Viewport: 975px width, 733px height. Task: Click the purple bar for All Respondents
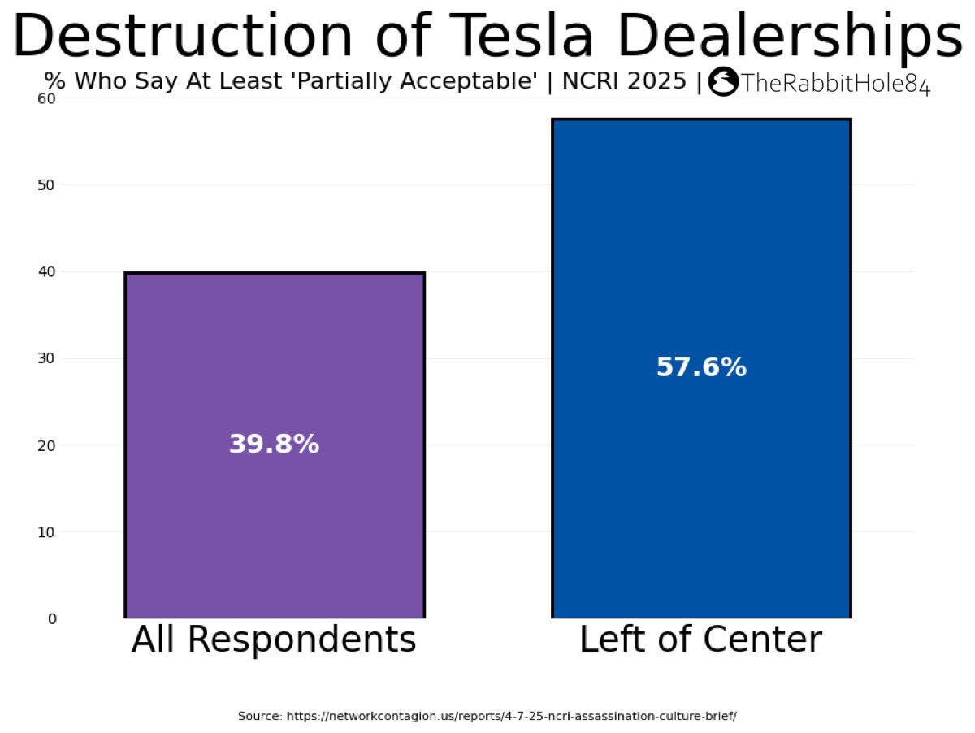click(x=275, y=445)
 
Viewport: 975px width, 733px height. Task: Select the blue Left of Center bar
click(x=701, y=368)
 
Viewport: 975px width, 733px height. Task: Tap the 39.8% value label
click(x=274, y=444)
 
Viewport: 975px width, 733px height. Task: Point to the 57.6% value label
click(x=701, y=367)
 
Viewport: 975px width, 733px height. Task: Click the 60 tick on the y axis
click(x=46, y=98)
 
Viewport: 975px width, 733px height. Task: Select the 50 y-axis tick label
click(x=46, y=185)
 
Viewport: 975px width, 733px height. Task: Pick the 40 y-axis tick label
click(x=46, y=271)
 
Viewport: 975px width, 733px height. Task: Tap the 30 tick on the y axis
click(x=46, y=358)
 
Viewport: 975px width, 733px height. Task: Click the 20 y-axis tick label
click(x=46, y=445)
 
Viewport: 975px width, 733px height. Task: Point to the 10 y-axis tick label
click(x=46, y=531)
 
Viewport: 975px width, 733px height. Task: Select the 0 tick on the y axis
click(x=52, y=618)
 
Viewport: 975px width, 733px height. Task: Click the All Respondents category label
click(x=274, y=640)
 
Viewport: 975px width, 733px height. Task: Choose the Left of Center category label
click(x=701, y=640)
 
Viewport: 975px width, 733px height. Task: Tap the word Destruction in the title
click(x=183, y=35)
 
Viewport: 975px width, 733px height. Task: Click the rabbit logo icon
click(x=722, y=82)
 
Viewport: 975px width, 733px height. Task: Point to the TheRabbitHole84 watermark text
click(x=835, y=84)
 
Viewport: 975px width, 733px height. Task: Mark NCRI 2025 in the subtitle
click(x=624, y=80)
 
